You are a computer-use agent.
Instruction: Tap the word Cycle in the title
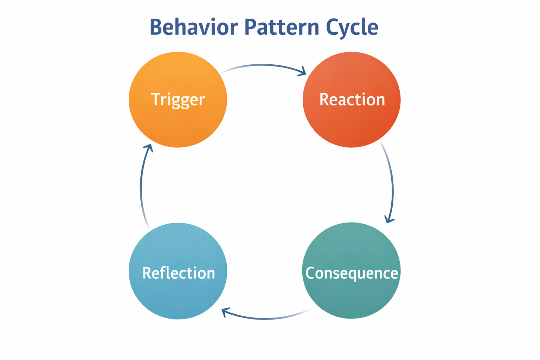point(352,27)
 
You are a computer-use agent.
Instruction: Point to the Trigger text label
point(178,99)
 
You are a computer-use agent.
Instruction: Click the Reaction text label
point(352,99)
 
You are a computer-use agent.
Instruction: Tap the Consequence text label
point(352,273)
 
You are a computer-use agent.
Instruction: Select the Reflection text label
point(179,273)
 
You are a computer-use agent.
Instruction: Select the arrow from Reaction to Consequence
point(392,183)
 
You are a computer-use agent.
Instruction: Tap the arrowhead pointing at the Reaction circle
point(302,72)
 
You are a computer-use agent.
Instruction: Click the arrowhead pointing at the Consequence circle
point(388,219)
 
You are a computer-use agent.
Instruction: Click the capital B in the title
point(156,27)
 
